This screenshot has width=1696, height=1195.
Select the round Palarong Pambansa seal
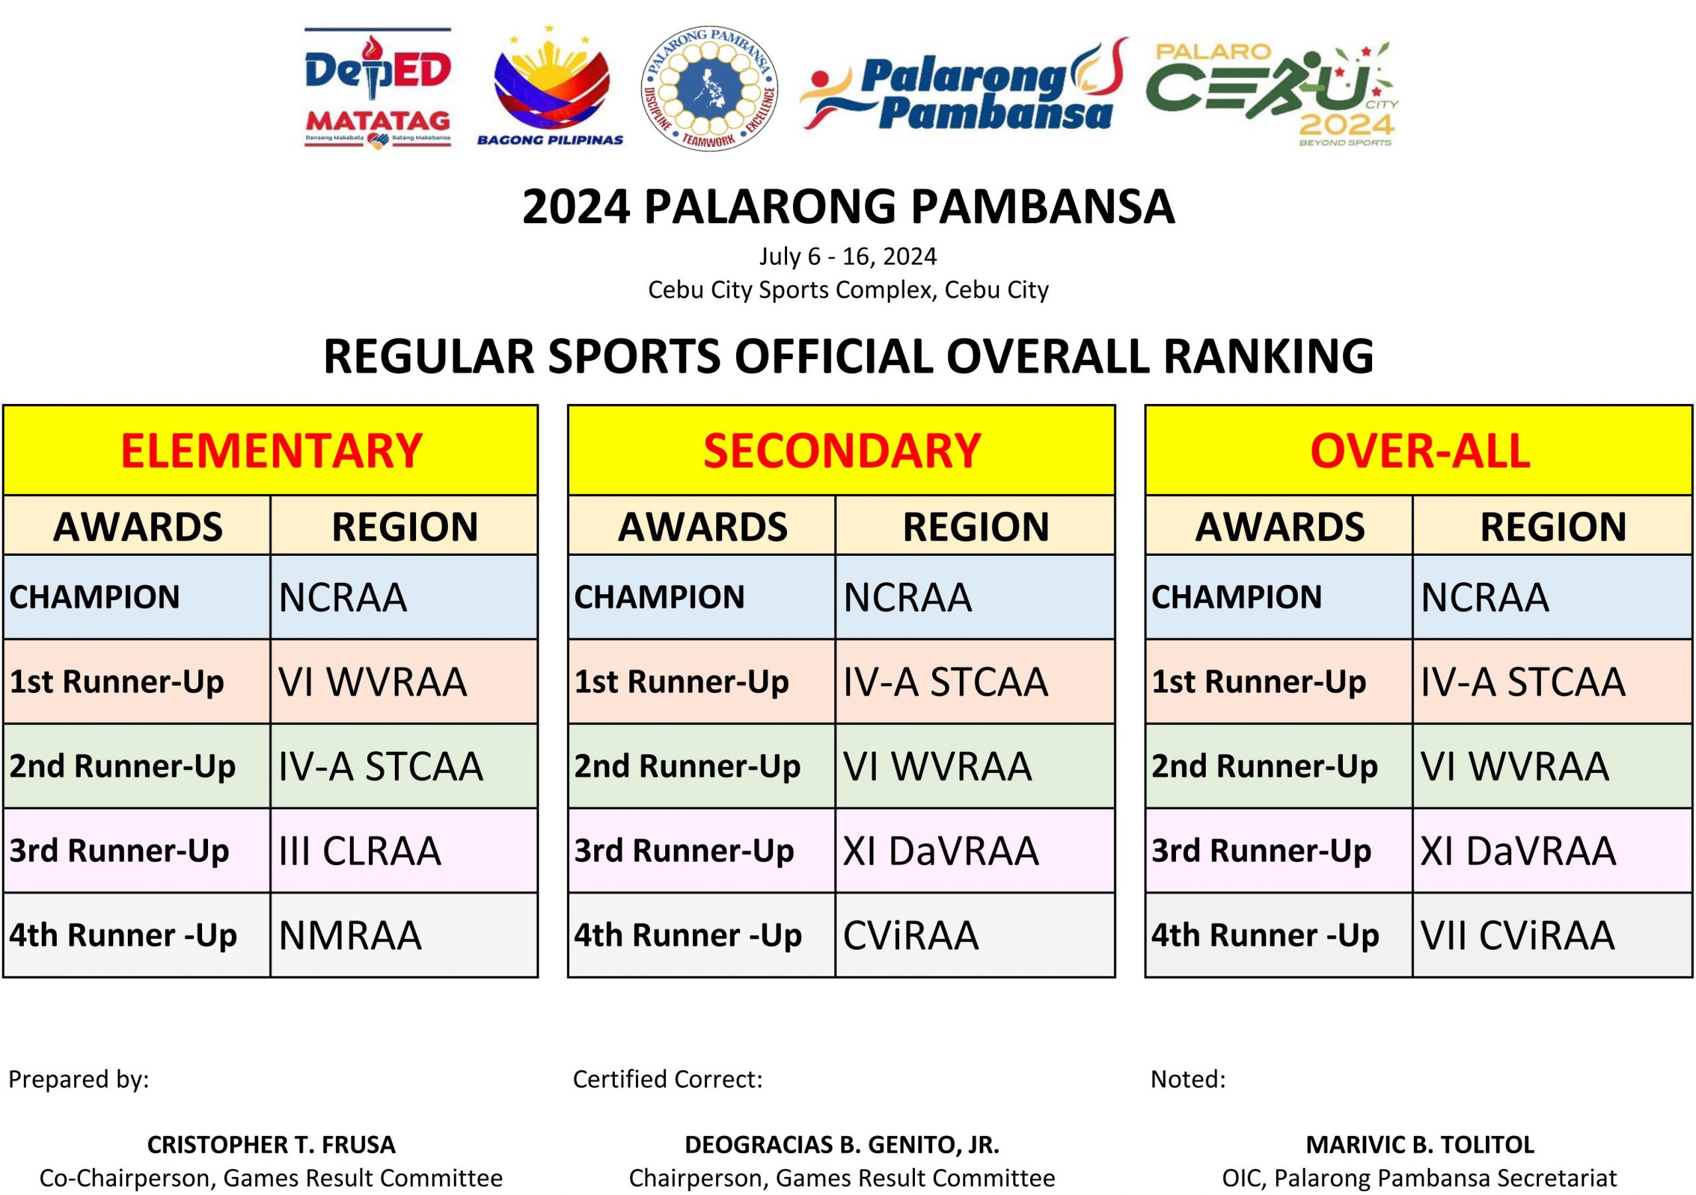coord(709,89)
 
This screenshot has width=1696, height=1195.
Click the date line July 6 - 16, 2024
coord(848,256)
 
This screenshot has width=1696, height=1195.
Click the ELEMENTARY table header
coord(271,450)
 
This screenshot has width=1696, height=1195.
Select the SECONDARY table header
coord(841,450)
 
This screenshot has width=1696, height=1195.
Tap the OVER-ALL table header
coord(1419,450)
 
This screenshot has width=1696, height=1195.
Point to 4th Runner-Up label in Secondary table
coord(688,936)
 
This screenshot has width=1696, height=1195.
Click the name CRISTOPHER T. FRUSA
coord(271,1145)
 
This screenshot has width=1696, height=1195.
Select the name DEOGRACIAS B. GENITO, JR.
coord(842,1145)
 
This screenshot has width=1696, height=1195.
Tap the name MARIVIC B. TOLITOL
coord(1420,1145)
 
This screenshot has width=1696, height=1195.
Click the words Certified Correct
coord(667,1080)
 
